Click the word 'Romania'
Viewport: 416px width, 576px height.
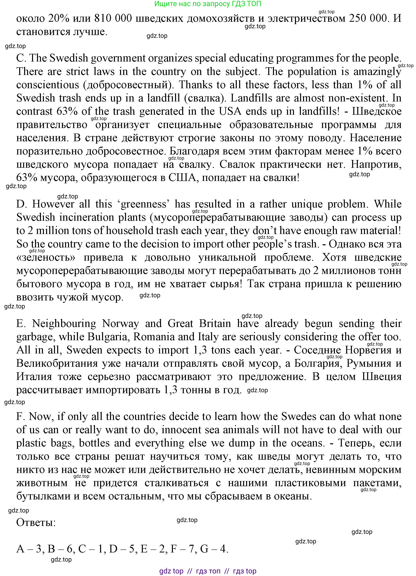pos(154,337)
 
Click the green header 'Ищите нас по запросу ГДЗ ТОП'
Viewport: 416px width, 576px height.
pos(208,4)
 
